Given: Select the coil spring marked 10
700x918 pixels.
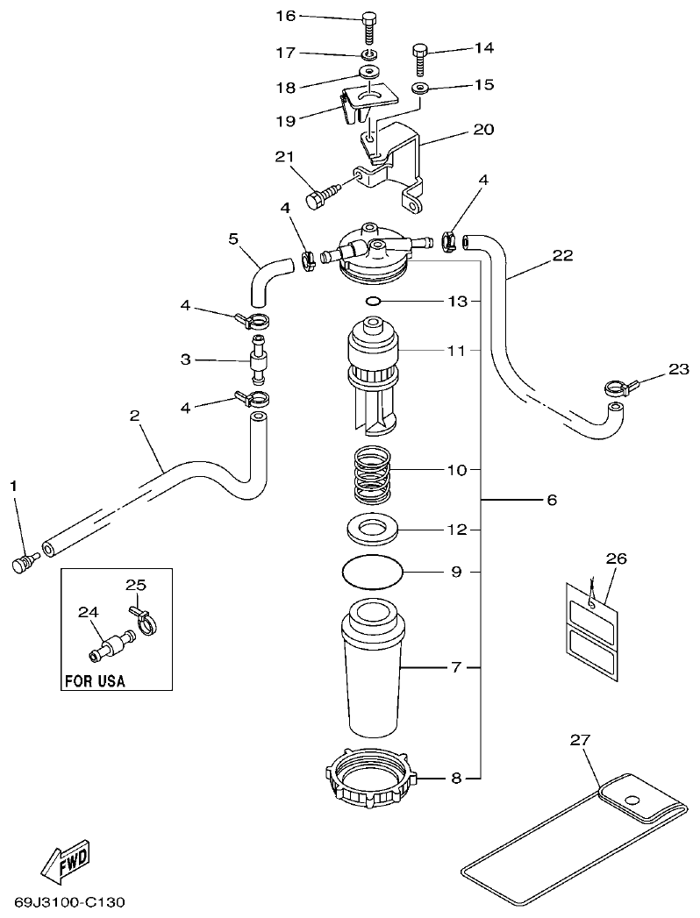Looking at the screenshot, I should [373, 474].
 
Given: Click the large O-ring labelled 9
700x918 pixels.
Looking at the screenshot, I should [373, 573].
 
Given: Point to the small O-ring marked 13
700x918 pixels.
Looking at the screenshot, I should [372, 301].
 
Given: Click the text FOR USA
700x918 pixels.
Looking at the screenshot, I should [95, 680].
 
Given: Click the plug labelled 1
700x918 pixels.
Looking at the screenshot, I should [20, 562].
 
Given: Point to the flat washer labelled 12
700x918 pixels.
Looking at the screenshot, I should [373, 530].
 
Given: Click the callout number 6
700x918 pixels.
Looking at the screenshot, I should [552, 500].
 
